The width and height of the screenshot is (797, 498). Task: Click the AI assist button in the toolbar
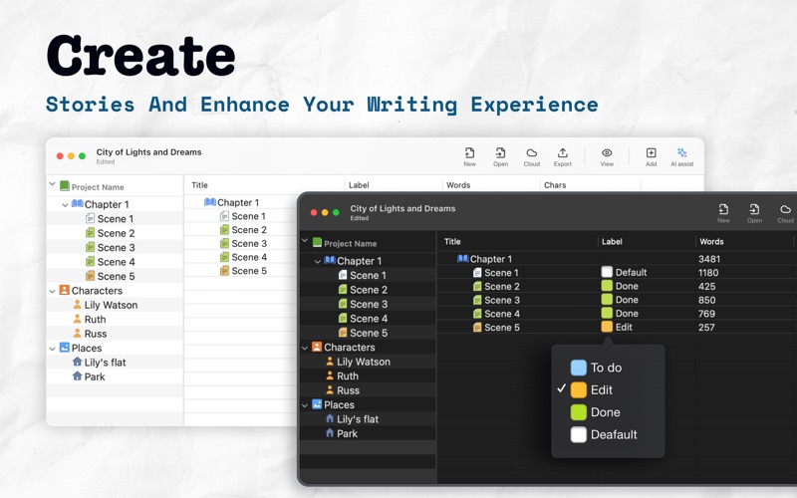(x=681, y=157)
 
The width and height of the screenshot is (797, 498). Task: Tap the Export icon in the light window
(x=562, y=153)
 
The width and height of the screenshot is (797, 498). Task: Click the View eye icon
(x=607, y=153)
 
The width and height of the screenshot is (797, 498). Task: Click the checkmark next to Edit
(x=561, y=388)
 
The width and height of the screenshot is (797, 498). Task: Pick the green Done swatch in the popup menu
(x=579, y=412)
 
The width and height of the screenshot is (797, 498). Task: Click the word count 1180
(x=708, y=272)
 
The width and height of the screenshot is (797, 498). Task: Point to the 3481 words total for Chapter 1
(x=708, y=259)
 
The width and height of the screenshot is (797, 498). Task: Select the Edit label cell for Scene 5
(x=617, y=327)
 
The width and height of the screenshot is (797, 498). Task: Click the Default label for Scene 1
(x=624, y=272)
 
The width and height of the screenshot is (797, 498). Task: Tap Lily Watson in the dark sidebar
(x=363, y=362)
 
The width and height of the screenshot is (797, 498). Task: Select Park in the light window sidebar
(x=95, y=376)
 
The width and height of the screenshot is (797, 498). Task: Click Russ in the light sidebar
(x=95, y=334)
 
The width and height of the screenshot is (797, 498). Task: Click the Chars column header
(x=555, y=185)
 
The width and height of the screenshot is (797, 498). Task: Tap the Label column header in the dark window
(x=612, y=241)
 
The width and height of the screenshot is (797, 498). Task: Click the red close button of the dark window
(x=314, y=212)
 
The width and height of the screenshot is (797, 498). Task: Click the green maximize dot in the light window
(x=82, y=156)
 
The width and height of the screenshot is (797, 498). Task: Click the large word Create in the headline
(x=140, y=56)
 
